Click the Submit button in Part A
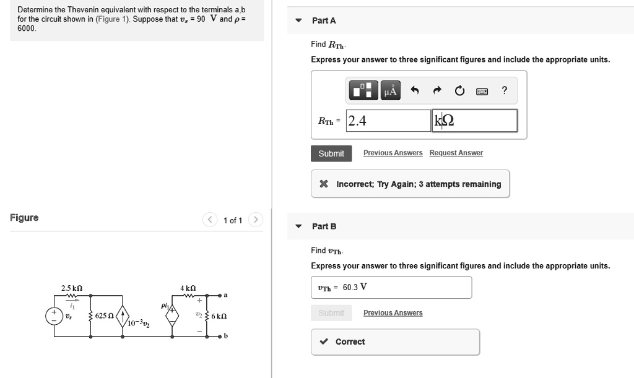[331, 153]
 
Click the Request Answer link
[456, 153]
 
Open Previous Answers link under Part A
[393, 153]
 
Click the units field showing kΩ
[475, 121]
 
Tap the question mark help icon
[505, 92]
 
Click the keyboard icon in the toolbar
[482, 92]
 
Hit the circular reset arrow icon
[459, 92]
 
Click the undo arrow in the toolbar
[415, 92]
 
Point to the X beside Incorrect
[323, 184]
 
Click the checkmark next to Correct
[324, 341]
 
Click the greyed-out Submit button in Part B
[331, 313]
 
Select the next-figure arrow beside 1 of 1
[256, 220]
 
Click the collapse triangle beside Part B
[298, 226]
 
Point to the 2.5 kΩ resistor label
[72, 288]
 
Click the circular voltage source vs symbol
[53, 316]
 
